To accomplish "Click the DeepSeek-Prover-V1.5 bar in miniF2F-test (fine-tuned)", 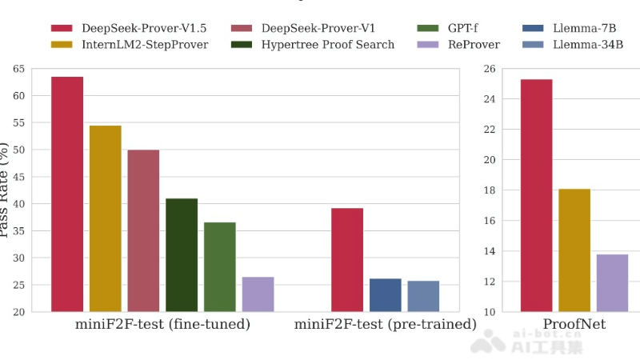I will [x=67, y=194].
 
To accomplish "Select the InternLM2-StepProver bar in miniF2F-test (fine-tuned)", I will [x=105, y=218].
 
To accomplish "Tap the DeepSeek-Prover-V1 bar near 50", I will [x=143, y=230].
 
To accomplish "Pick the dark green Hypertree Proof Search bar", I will [x=182, y=254].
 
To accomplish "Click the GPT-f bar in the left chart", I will [x=220, y=266].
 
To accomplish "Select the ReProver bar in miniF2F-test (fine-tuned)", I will [x=258, y=294].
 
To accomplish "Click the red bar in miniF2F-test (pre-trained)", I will [x=347, y=259].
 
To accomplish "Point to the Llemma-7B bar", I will [x=385, y=294].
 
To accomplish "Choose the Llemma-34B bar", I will [x=423, y=296].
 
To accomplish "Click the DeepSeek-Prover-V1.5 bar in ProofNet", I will [x=536, y=195].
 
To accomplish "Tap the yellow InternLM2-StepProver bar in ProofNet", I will [x=574, y=250].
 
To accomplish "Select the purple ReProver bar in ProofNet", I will [x=612, y=282].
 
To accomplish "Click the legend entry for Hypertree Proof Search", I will [x=327, y=45].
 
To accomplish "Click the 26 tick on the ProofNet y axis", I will [x=487, y=69].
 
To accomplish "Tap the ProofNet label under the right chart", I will [x=574, y=325].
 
